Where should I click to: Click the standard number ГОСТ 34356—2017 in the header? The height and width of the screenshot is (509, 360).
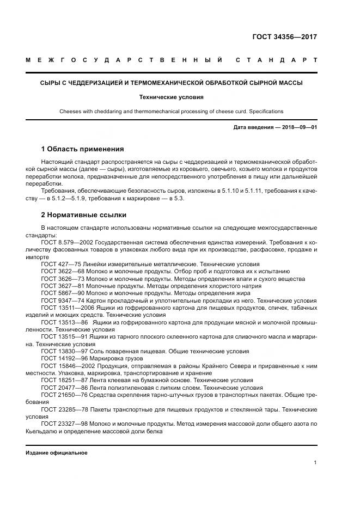click(284, 37)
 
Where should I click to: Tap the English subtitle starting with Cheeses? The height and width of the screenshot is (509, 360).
click(171, 111)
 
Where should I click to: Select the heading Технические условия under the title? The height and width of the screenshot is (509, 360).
click(171, 97)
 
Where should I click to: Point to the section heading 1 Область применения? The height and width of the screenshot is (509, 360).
click(82, 149)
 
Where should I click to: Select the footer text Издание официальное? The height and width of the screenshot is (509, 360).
click(57, 452)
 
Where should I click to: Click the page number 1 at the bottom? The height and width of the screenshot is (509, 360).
click(315, 463)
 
